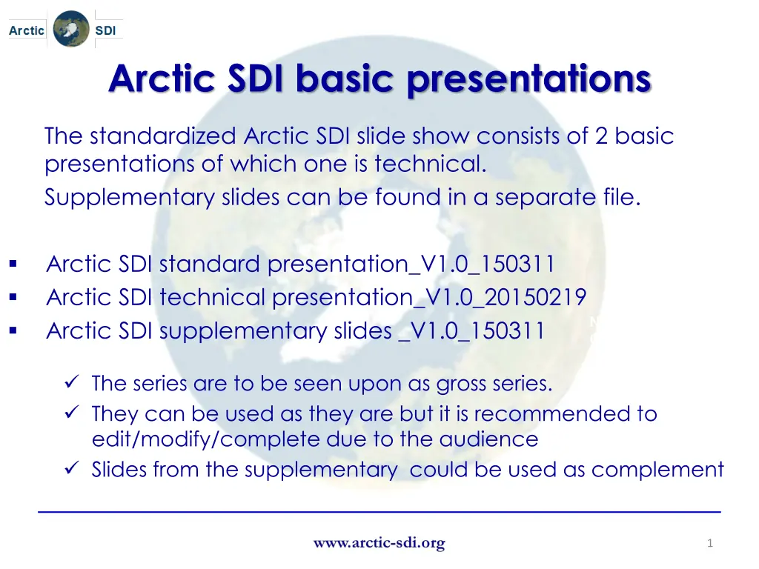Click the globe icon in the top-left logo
coord(71,29)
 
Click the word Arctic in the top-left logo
coord(27,30)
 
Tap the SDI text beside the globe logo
coord(105,30)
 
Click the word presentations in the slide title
coord(529,79)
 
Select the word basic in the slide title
coord(345,78)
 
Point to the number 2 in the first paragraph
coord(601,136)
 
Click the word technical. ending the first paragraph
coord(431,164)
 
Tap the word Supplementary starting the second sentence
coord(129,198)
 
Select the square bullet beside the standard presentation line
coord(13,264)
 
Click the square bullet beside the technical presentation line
coord(13,297)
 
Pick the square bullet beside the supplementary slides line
coord(13,331)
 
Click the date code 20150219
coord(535,297)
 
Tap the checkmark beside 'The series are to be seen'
coord(72,382)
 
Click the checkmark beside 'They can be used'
coord(72,412)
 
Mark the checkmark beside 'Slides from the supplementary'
coord(72,468)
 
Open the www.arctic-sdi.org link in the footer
coord(379,543)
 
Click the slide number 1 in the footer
coord(709,543)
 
